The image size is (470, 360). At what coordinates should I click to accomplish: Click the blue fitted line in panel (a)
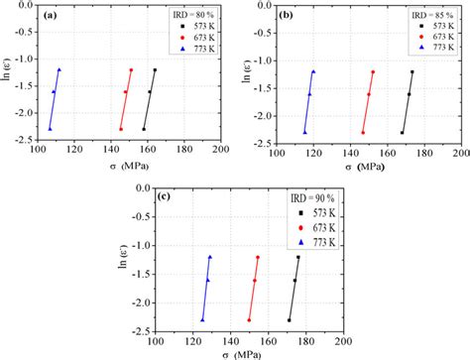click(x=55, y=99)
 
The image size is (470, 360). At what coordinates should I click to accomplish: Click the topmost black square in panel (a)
click(x=155, y=69)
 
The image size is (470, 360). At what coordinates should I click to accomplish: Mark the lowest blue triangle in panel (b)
click(x=305, y=132)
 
